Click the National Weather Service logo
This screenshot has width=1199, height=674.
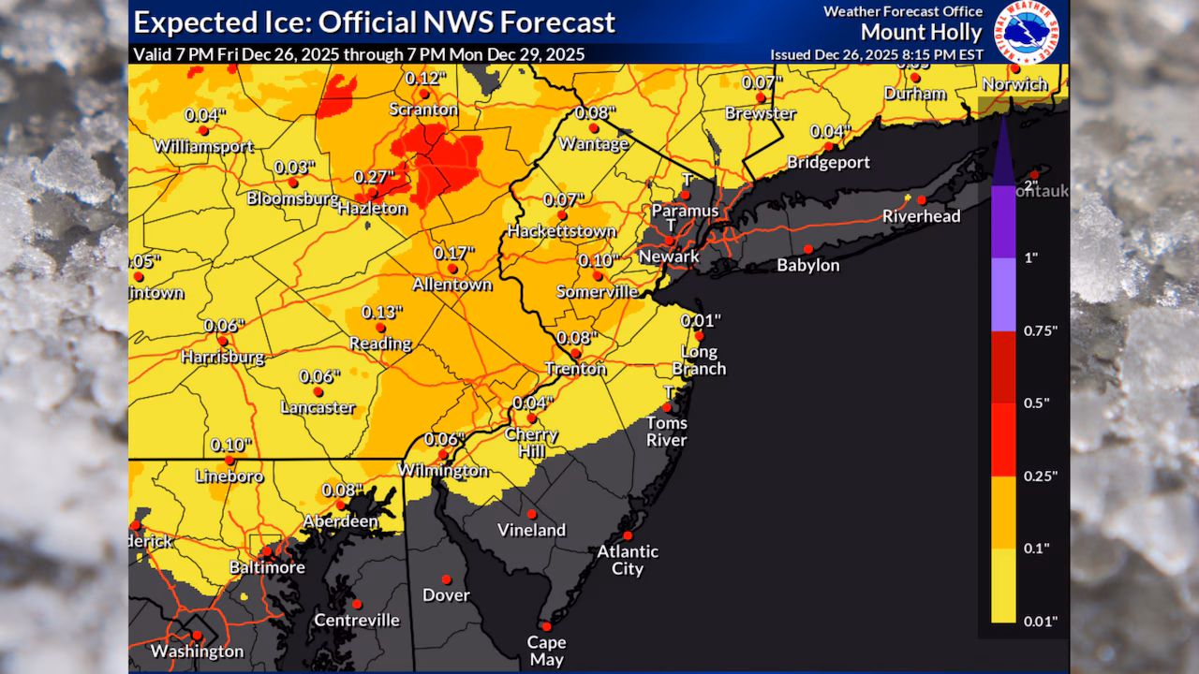(x=1026, y=33)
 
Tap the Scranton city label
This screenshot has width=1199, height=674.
(x=424, y=110)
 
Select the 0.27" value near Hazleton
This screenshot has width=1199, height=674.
(x=373, y=176)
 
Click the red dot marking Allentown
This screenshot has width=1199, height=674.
(x=452, y=269)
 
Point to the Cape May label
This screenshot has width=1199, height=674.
(x=546, y=650)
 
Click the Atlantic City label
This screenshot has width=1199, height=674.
(x=628, y=560)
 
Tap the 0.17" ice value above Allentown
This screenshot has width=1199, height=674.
(x=454, y=253)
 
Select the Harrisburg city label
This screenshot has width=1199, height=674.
(x=222, y=357)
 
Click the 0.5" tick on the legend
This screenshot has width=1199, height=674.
(x=1035, y=403)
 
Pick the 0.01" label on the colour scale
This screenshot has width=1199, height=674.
(x=1039, y=621)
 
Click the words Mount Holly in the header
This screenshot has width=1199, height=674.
(x=922, y=33)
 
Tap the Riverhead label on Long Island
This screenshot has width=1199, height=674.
(x=922, y=216)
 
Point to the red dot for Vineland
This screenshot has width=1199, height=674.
(x=531, y=514)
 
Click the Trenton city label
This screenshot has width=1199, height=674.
(x=576, y=369)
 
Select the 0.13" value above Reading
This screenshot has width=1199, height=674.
(x=381, y=312)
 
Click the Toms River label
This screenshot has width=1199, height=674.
(x=667, y=431)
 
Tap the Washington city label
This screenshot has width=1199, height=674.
(x=197, y=651)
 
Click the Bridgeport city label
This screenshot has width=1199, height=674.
(x=828, y=162)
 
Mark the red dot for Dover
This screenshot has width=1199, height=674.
(x=446, y=579)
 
